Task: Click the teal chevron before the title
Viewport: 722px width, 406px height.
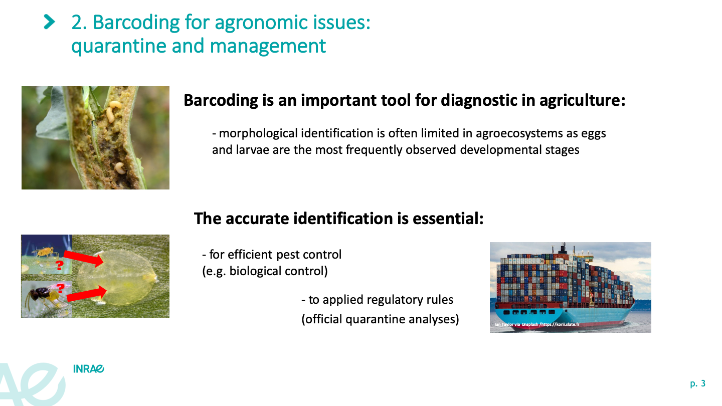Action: point(49,22)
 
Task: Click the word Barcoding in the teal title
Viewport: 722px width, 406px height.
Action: point(136,23)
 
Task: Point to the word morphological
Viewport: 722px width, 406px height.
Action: point(258,133)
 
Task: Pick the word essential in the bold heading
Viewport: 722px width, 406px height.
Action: point(448,219)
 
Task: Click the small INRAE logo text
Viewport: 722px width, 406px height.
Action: point(89,369)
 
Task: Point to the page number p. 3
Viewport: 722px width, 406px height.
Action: point(698,384)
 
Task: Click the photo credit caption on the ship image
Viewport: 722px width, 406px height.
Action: point(537,324)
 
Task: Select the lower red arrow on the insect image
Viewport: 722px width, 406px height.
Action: point(87,294)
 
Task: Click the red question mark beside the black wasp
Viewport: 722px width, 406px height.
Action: point(60,288)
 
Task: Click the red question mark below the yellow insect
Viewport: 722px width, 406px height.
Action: point(59,266)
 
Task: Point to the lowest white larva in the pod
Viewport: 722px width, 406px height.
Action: point(120,168)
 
